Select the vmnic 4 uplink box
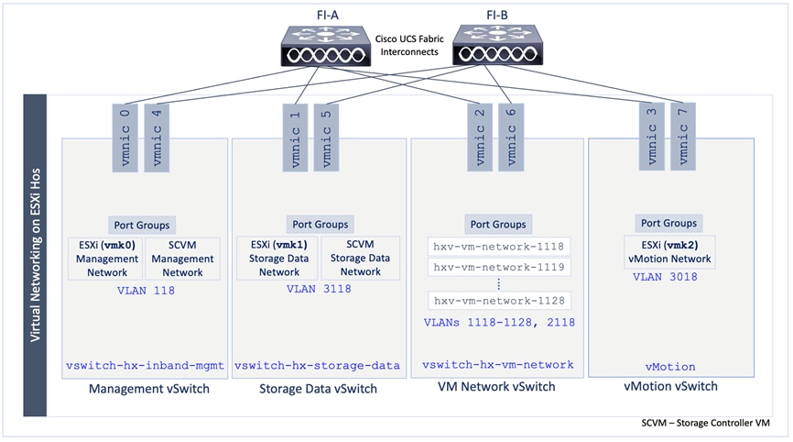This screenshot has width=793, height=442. pos(157,136)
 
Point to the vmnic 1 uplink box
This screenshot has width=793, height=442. pos(295,136)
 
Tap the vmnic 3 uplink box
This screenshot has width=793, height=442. pos(651,136)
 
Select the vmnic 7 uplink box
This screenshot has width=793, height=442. pos(683,136)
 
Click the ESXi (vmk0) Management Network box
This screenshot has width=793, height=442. pos(105,259)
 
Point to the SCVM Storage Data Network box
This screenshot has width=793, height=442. pos(360,259)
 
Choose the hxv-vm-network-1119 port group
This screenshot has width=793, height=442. pos(500,267)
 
